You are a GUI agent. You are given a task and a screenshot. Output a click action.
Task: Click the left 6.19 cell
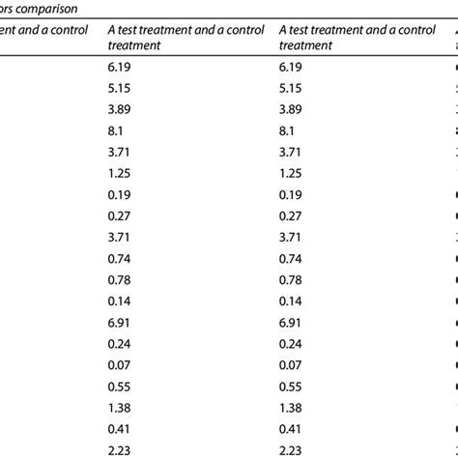[121, 68]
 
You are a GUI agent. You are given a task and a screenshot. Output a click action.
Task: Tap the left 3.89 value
[121, 109]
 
